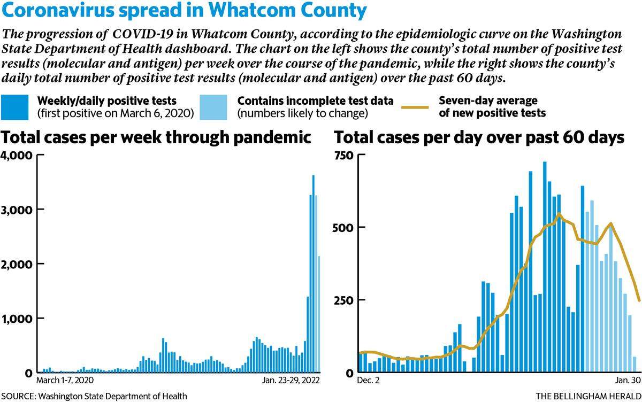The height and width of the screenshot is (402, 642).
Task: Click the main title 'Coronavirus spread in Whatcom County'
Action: (184, 10)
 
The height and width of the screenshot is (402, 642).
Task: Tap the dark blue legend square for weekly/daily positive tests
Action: (14, 107)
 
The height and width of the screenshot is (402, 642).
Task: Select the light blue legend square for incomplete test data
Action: (213, 107)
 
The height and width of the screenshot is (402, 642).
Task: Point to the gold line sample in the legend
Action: (415, 107)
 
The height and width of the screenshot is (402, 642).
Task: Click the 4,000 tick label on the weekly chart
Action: (17, 155)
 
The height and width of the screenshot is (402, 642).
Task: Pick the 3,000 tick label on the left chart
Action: (17, 210)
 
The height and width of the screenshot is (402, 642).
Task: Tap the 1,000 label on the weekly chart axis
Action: (17, 319)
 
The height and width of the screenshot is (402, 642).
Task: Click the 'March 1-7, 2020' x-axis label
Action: (65, 380)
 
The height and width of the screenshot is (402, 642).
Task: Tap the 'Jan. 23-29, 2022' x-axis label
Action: (291, 380)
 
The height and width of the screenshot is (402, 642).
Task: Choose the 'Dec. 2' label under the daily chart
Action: (368, 380)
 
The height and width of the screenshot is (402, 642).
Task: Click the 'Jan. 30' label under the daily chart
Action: (628, 380)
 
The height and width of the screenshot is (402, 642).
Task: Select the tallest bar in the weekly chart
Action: (314, 274)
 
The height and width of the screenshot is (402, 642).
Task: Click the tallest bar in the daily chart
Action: (545, 267)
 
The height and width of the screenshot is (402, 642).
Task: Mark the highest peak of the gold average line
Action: (559, 214)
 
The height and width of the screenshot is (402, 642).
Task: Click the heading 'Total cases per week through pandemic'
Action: (156, 137)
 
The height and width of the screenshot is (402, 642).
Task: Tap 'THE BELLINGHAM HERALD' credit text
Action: (588, 396)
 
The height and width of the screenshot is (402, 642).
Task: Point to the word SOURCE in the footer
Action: (18, 396)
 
